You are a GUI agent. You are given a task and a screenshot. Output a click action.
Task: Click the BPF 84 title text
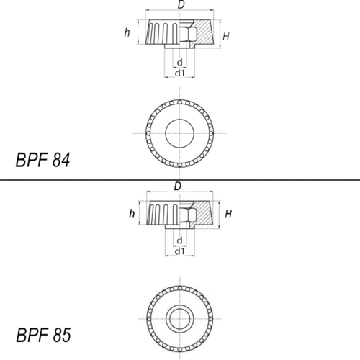point(42,160)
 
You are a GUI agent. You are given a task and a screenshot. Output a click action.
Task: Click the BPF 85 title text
point(43,335)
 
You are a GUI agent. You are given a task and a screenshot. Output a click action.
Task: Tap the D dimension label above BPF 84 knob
point(181,4)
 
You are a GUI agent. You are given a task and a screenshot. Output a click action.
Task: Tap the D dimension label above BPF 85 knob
point(178,186)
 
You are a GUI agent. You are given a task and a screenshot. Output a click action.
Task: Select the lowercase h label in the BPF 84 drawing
point(127,32)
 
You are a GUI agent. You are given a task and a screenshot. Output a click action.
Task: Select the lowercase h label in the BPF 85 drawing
point(132,213)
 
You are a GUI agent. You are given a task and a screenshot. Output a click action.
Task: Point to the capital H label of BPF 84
point(226,37)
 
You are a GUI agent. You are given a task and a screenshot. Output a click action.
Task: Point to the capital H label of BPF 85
point(228,214)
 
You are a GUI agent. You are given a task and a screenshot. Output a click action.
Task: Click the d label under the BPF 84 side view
point(180,62)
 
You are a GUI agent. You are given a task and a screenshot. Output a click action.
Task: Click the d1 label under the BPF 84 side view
point(180,73)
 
